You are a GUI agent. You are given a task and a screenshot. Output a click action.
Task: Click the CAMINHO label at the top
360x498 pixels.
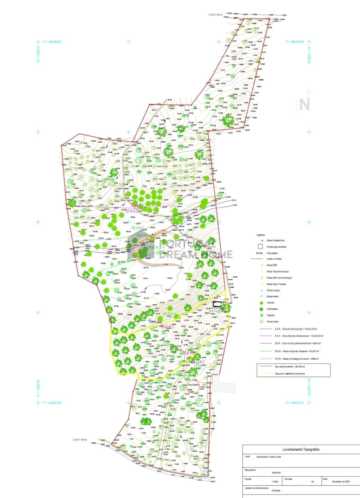click(215, 15)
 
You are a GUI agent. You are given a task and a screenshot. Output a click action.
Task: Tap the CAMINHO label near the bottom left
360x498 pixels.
click(80, 440)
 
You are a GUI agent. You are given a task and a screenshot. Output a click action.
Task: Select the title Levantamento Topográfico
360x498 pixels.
click(301, 449)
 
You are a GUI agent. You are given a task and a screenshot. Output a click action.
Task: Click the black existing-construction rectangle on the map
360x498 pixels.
click(217, 304)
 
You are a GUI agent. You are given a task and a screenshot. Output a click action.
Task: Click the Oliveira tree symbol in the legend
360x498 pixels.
click(261, 303)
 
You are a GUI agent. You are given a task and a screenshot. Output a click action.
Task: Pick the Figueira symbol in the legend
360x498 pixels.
click(261, 315)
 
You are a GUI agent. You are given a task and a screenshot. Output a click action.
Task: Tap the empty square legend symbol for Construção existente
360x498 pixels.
click(260, 246)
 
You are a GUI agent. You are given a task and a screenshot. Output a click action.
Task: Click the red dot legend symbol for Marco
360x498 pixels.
click(262, 241)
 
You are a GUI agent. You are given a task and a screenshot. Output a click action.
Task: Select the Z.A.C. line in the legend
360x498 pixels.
click(265, 336)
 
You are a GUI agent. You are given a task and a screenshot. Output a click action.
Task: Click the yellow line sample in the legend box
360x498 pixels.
click(265, 373)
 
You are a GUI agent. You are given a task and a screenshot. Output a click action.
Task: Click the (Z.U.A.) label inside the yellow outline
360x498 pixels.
click(198, 362)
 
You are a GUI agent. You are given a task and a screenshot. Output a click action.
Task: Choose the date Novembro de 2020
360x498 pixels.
click(341, 482)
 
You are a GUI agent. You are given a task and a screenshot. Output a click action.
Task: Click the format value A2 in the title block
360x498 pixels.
click(312, 482)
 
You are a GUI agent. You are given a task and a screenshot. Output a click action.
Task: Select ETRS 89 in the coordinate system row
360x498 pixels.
click(276, 490)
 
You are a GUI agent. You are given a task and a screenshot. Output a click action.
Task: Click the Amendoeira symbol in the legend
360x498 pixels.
click(261, 322)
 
